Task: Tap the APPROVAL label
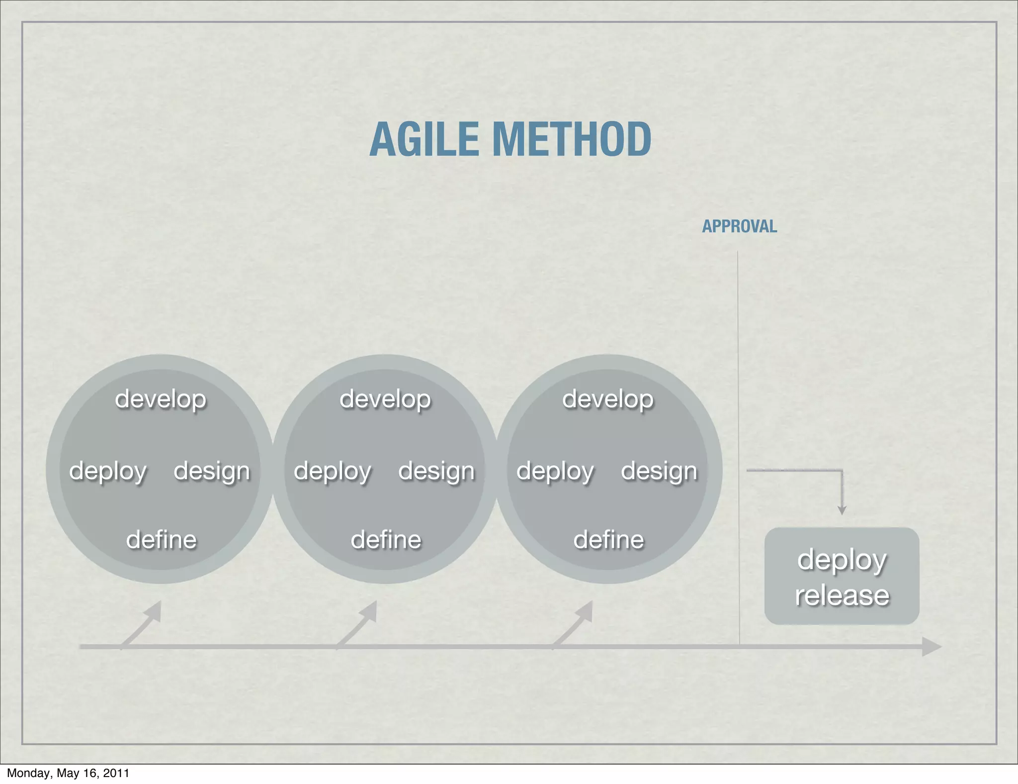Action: pos(739,227)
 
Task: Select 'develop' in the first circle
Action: pos(161,399)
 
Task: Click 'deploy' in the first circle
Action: pos(108,471)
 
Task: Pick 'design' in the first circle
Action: pos(212,471)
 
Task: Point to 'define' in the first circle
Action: pos(162,540)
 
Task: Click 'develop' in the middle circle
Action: pos(385,399)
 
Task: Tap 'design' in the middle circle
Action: pos(436,471)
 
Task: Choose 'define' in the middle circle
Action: pos(386,540)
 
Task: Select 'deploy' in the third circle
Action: pos(555,471)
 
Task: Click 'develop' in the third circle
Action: pos(608,399)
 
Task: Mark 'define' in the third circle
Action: pos(609,540)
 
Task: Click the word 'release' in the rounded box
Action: pos(842,595)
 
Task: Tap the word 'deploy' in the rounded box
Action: pos(842,560)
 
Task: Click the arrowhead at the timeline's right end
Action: pos(932,647)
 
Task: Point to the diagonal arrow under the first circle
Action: pos(142,624)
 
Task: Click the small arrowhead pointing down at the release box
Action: pos(842,510)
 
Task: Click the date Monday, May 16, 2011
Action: pos(68,773)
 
